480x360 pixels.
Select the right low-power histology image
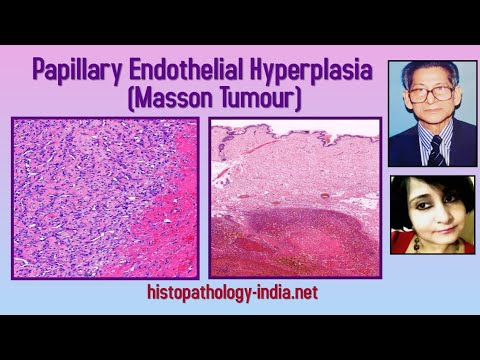pos(294,197)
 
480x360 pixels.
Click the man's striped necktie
pos(436,150)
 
